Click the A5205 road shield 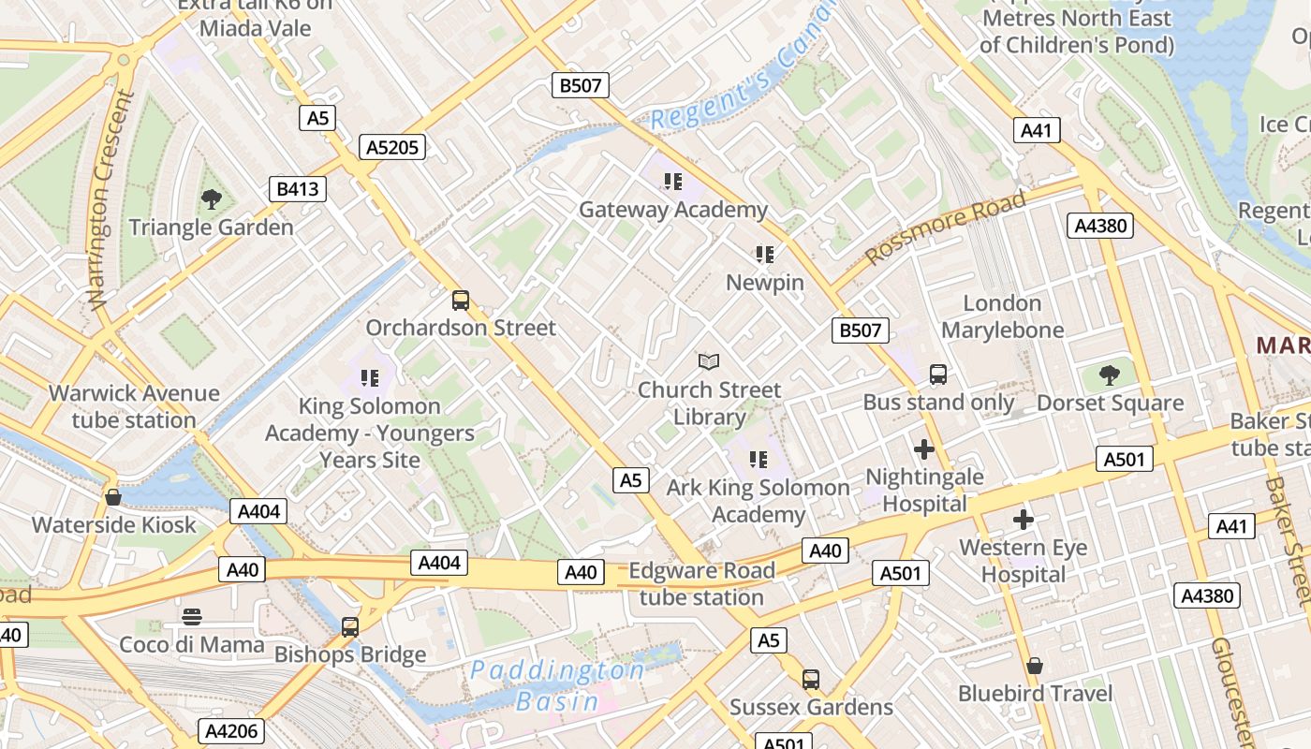(392, 147)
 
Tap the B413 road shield (297, 189)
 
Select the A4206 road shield (231, 731)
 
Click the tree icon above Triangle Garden (212, 198)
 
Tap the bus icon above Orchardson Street (461, 300)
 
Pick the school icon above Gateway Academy (672, 181)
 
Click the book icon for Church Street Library (710, 361)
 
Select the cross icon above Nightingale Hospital (924, 449)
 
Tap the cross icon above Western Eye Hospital (1024, 520)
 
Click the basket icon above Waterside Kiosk (113, 496)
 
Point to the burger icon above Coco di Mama (192, 616)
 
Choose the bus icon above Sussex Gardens (811, 679)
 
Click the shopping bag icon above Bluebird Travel (1035, 666)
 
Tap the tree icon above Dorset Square (1110, 375)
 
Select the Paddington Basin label (557, 685)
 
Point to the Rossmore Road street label (945, 228)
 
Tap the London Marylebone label (1002, 316)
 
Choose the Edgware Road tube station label (701, 584)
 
